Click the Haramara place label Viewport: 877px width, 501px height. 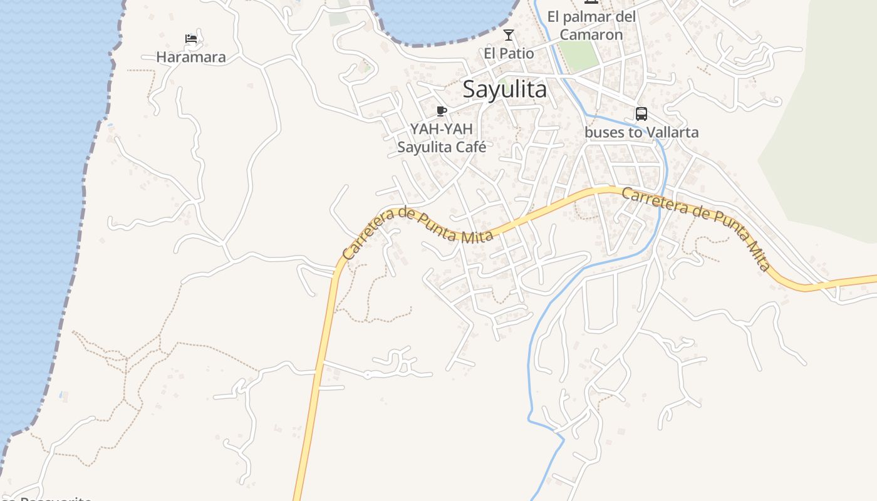190,57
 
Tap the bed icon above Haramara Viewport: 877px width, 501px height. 191,39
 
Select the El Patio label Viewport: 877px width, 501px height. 509,54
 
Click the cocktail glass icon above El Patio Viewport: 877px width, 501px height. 509,35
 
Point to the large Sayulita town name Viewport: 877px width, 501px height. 505,90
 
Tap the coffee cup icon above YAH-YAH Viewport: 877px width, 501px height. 442,111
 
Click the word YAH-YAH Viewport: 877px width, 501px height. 442,129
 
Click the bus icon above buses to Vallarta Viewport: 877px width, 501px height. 641,114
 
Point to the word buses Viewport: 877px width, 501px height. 605,133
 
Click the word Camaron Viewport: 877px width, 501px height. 591,35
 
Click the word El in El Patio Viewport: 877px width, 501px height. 490,54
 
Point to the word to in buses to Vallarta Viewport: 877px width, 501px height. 636,133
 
